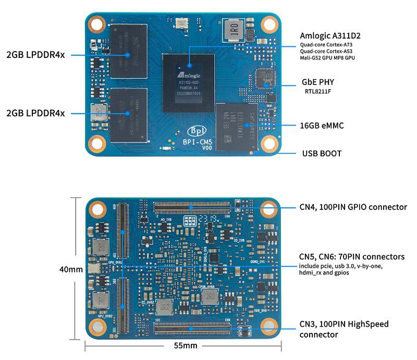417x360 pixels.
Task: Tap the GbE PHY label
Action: tap(318, 82)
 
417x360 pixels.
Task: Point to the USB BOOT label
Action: tap(322, 154)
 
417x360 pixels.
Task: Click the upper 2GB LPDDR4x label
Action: tap(35, 55)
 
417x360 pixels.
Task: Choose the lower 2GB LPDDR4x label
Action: tap(35, 113)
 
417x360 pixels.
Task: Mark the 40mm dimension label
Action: tap(71, 269)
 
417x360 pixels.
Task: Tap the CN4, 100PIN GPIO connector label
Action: tap(353, 207)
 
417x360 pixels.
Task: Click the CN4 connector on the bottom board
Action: tap(191, 207)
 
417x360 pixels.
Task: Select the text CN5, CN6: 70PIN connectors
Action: tap(352, 256)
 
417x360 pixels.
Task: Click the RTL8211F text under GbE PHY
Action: tap(318, 92)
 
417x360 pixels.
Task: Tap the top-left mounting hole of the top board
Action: tap(97, 24)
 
